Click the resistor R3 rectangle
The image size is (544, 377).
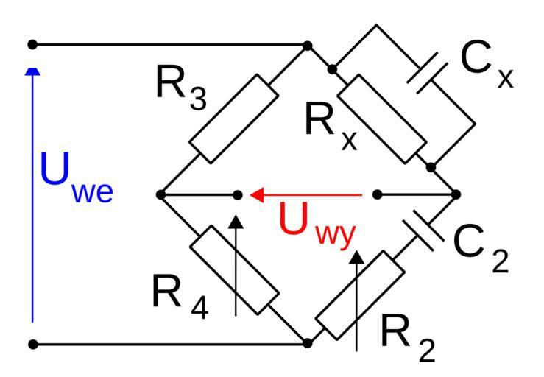point(234,119)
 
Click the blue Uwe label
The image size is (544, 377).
point(77,180)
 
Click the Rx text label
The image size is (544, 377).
point(331,126)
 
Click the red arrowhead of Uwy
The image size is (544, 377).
point(257,195)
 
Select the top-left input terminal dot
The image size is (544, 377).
point(32,45)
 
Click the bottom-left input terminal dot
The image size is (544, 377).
point(32,344)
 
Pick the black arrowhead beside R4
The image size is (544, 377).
point(235,220)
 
